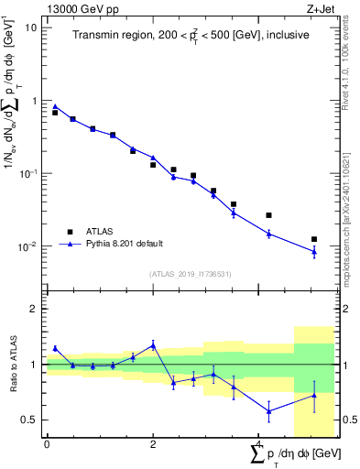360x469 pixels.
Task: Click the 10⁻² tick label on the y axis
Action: point(28,246)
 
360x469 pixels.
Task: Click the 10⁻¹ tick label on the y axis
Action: point(28,173)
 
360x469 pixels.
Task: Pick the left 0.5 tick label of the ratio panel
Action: point(32,420)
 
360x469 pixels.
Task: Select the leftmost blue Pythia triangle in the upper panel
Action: point(55,106)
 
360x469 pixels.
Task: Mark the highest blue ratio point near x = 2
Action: point(153,345)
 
